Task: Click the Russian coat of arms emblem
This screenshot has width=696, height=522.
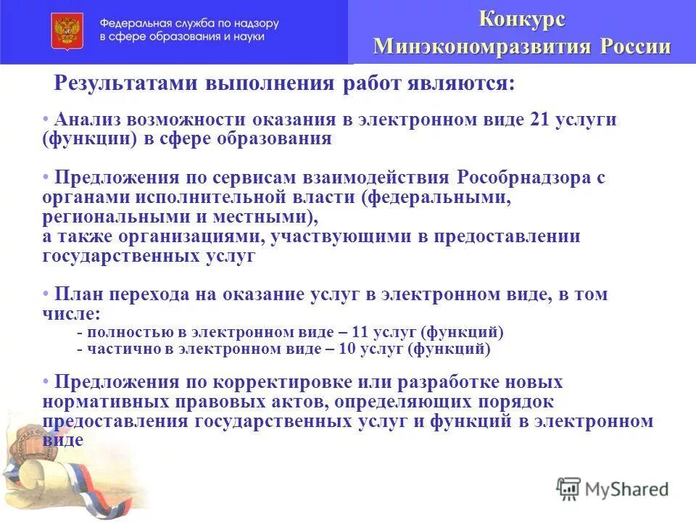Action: point(67,31)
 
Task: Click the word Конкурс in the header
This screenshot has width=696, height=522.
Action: point(522,20)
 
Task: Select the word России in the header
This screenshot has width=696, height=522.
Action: point(635,46)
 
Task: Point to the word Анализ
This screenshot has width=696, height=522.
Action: point(88,120)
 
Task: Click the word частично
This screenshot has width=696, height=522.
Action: point(115,349)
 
